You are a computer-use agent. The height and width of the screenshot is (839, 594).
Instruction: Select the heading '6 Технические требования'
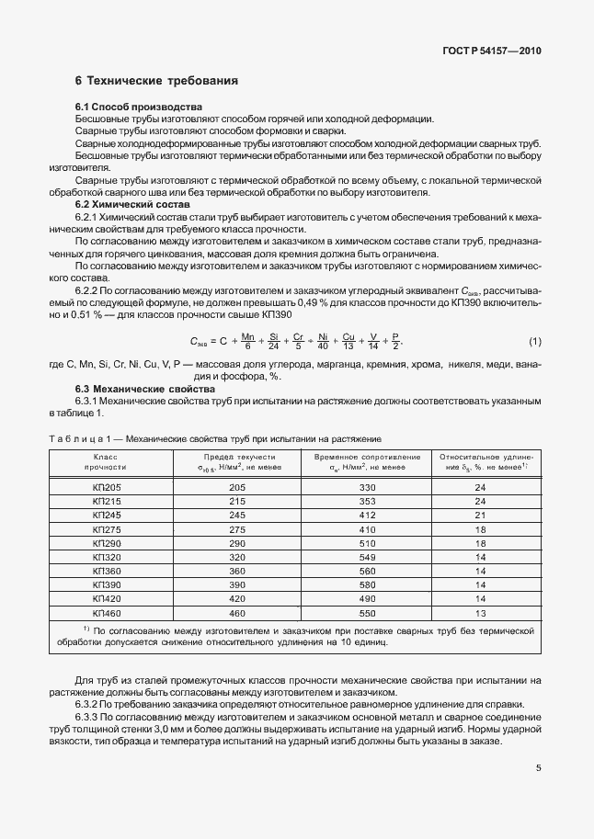click(x=156, y=81)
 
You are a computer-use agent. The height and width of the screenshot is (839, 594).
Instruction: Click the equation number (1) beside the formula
click(x=534, y=342)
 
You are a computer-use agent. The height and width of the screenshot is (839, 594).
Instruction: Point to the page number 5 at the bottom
click(x=538, y=770)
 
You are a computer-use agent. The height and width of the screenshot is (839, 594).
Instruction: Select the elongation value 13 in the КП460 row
click(x=479, y=612)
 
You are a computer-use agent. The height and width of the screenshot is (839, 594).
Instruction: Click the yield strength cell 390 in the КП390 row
click(x=237, y=584)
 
